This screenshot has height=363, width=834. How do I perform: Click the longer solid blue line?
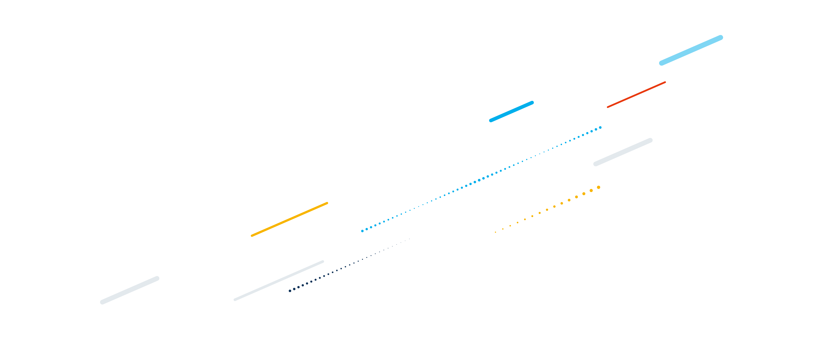(x=691, y=50)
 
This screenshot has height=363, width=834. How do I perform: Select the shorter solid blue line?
(x=511, y=111)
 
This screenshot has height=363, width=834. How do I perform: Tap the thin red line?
(x=636, y=95)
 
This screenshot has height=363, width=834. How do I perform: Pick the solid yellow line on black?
(x=289, y=219)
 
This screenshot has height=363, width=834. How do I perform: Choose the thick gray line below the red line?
(x=623, y=152)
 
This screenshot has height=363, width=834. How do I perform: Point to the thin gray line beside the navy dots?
(x=279, y=281)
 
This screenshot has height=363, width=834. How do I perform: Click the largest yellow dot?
(x=599, y=187)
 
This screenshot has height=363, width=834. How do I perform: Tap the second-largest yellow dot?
(x=591, y=191)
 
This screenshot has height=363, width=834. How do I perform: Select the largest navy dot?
(x=290, y=291)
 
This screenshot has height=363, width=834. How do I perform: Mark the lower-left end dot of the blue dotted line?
(x=362, y=231)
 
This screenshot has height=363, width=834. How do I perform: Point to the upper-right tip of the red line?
(x=665, y=82)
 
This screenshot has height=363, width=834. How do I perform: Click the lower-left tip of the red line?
(x=608, y=107)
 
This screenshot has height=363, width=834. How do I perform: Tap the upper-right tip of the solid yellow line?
(x=327, y=203)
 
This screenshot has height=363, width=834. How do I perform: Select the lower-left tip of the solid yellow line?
(x=252, y=236)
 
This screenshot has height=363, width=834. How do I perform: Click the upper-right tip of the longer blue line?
(x=721, y=37)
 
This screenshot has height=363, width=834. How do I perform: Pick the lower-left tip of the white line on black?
(x=102, y=302)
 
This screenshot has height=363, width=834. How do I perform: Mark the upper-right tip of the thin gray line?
(x=323, y=261)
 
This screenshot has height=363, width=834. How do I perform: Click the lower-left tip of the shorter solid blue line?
(x=491, y=121)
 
